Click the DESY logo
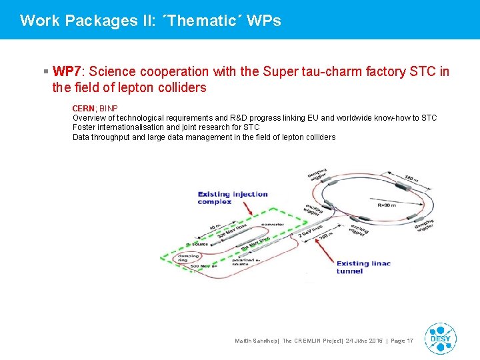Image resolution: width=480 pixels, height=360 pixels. click(440, 338)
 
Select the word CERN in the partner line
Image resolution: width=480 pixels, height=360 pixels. click(83, 108)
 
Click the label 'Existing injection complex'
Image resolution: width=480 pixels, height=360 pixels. click(233, 198)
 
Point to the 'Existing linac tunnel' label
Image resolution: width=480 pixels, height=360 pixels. click(363, 267)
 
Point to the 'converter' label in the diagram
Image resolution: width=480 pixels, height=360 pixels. click(272, 225)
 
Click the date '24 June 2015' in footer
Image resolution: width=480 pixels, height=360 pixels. click(357, 341)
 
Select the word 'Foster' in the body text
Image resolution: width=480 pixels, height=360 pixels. click(85, 127)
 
